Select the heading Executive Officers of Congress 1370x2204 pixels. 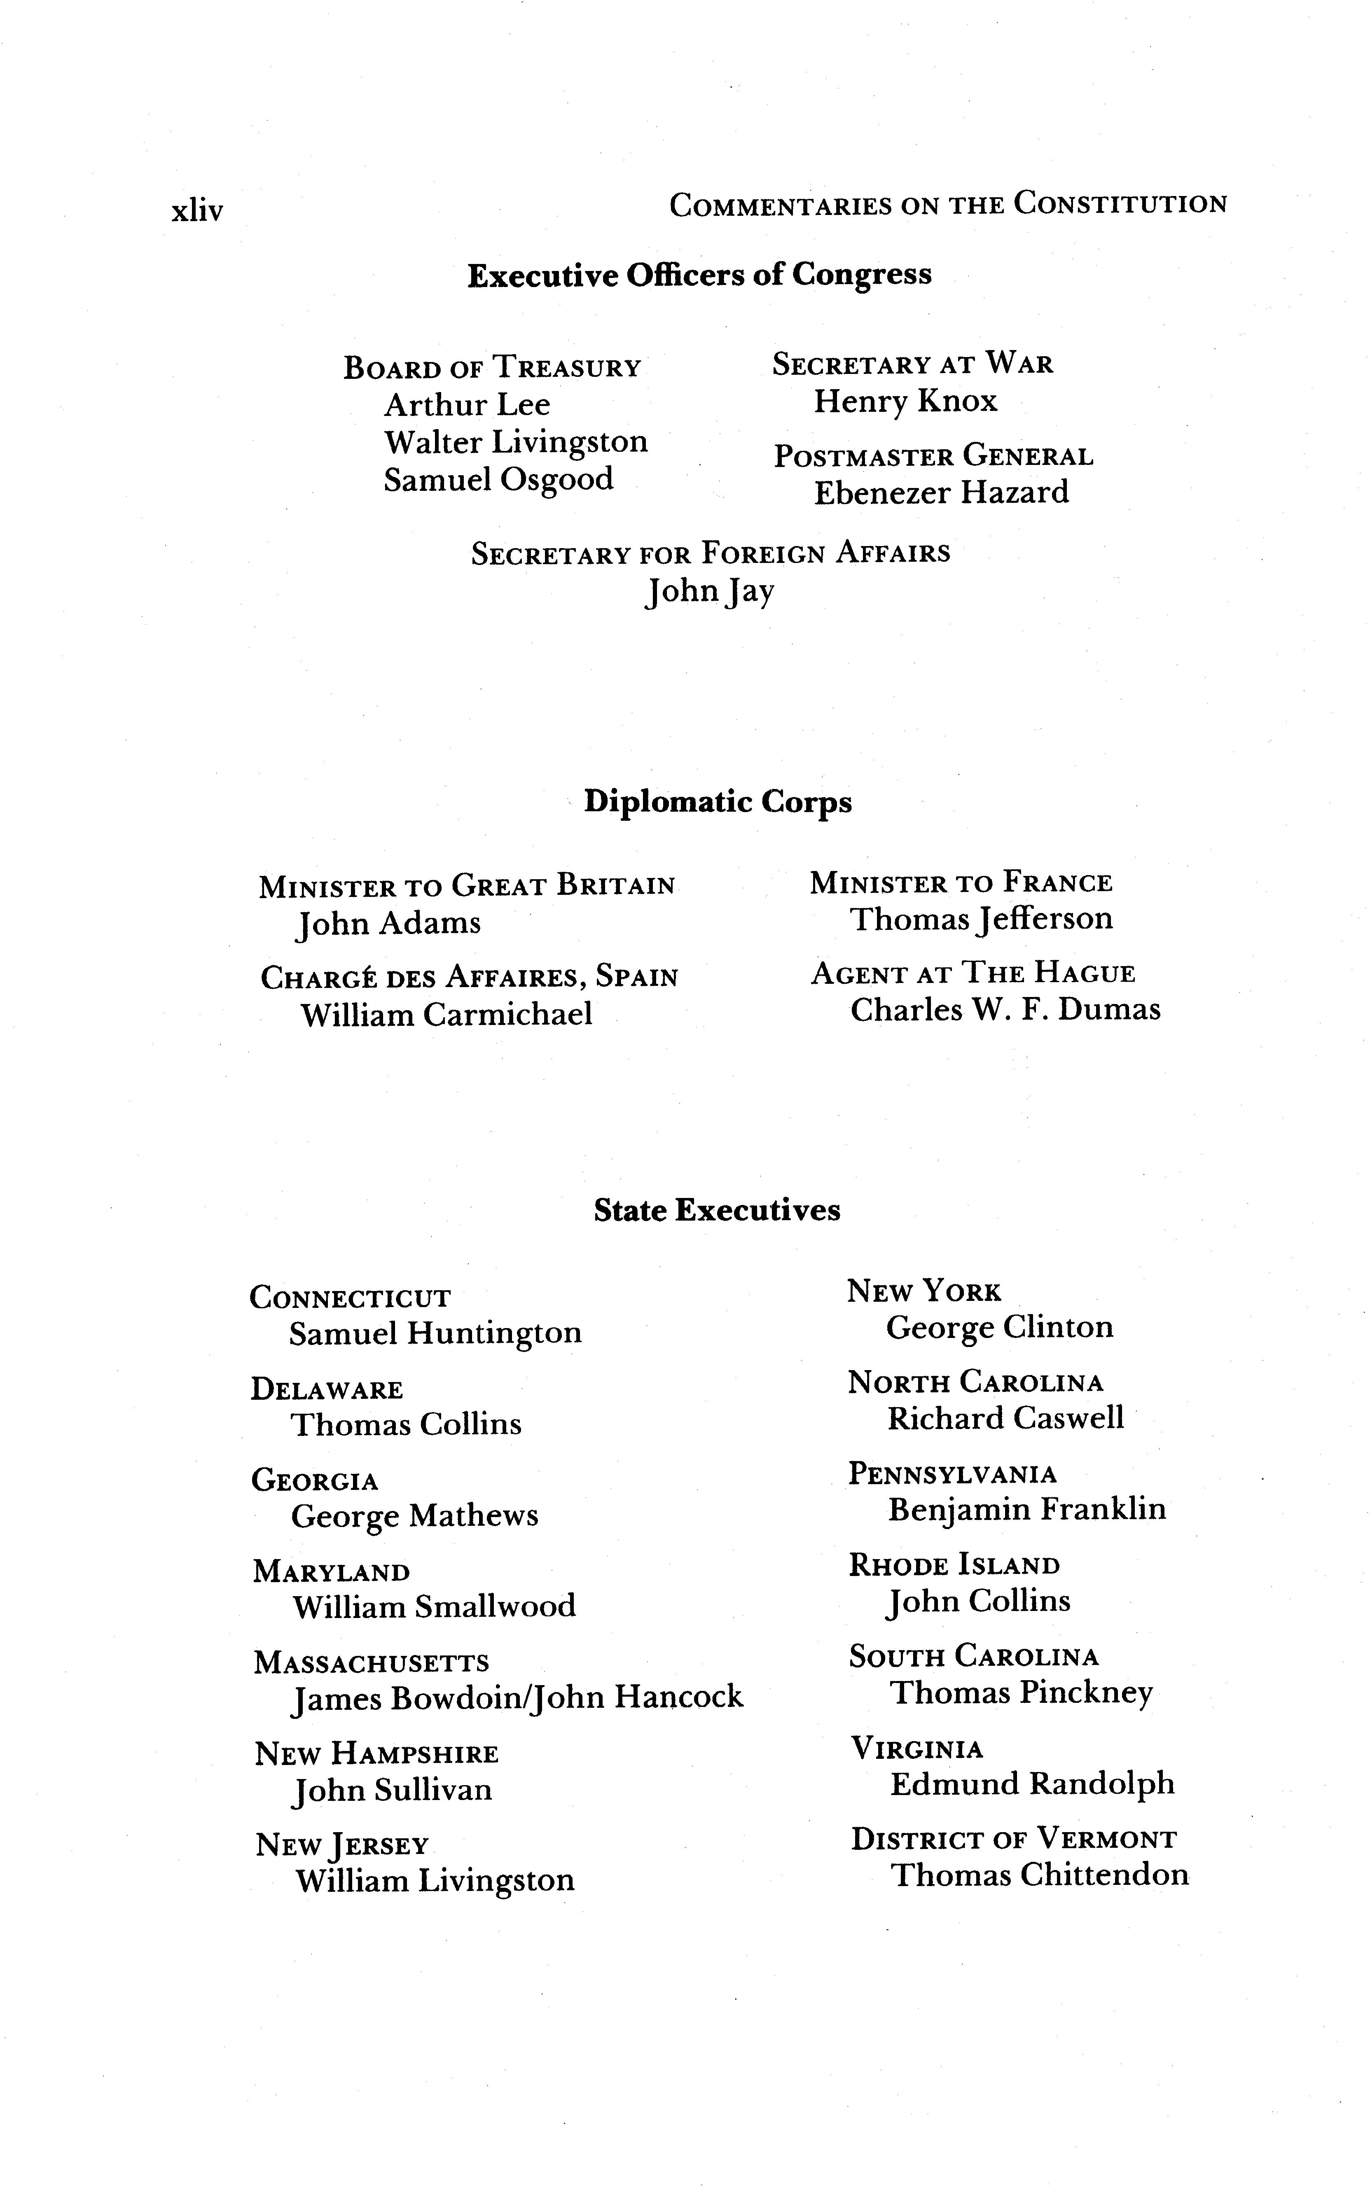(x=699, y=275)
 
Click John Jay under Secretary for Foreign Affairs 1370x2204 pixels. (x=709, y=591)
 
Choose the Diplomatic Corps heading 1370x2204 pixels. (x=718, y=802)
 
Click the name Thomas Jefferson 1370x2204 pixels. (x=980, y=919)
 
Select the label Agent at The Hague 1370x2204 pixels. (x=972, y=973)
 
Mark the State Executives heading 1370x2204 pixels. (x=717, y=1210)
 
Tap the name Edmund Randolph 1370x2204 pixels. (x=1032, y=1784)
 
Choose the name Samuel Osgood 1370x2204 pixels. (x=498, y=479)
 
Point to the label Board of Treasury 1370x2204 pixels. (x=492, y=368)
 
